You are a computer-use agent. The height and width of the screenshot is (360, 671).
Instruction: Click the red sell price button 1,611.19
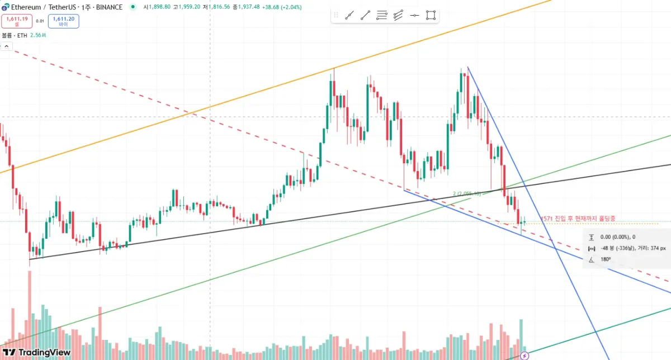click(16, 21)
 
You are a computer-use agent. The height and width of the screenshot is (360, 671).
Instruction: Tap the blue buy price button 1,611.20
click(63, 21)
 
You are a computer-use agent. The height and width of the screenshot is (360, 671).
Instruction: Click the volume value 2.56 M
click(38, 35)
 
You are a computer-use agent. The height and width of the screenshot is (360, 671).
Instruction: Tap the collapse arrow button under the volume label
click(7, 46)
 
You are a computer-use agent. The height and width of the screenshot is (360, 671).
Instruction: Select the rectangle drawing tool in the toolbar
click(431, 16)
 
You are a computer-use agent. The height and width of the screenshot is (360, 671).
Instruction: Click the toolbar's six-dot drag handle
click(335, 16)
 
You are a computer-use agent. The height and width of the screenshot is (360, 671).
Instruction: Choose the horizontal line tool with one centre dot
click(414, 16)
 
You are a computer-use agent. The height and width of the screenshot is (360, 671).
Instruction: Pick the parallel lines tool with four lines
click(381, 16)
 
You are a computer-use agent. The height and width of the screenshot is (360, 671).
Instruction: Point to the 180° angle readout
click(605, 259)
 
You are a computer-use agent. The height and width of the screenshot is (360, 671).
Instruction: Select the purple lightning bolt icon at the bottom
click(524, 356)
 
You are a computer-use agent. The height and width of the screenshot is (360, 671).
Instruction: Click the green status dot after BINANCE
click(132, 7)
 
